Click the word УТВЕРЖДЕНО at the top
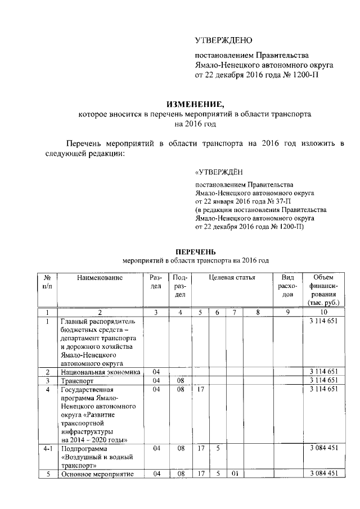[223, 40]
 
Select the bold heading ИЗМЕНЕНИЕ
[195, 103]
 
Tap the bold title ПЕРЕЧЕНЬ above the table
[195, 251]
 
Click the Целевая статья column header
[232, 277]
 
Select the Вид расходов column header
[287, 286]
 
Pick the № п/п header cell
[48, 282]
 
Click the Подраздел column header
[179, 286]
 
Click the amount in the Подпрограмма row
[323, 448]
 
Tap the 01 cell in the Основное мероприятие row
[234, 474]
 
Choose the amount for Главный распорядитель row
[323, 321]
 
